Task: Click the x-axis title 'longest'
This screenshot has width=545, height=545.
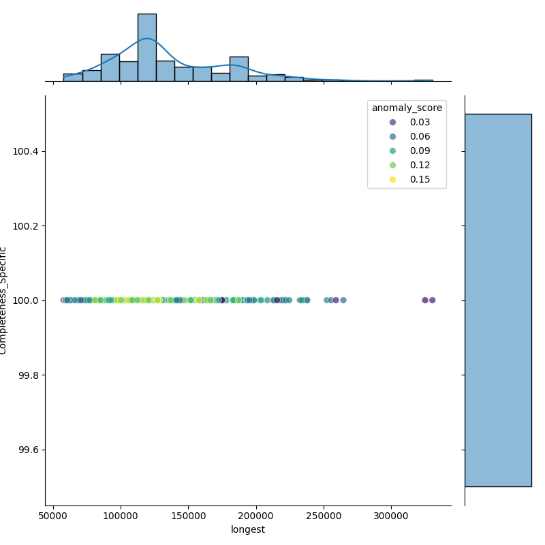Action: (x=248, y=529)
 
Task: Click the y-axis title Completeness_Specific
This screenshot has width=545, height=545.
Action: (x=4, y=300)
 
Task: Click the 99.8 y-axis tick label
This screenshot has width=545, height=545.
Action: (x=29, y=375)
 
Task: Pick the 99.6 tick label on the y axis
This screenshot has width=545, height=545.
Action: (x=29, y=450)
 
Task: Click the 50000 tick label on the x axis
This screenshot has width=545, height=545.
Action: (x=54, y=516)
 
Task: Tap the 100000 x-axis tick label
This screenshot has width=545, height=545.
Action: (x=121, y=516)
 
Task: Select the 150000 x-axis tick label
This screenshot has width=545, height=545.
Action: (x=189, y=516)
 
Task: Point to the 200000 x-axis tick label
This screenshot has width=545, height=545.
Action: (x=256, y=516)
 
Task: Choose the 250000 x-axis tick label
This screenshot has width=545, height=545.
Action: (x=324, y=516)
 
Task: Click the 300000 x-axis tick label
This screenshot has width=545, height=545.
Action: (x=391, y=516)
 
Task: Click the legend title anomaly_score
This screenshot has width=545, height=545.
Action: (x=407, y=108)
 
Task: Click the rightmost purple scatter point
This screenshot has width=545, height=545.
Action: (x=432, y=300)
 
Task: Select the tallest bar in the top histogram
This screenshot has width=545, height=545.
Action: (x=147, y=47)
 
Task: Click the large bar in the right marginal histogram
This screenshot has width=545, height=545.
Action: (x=498, y=300)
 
